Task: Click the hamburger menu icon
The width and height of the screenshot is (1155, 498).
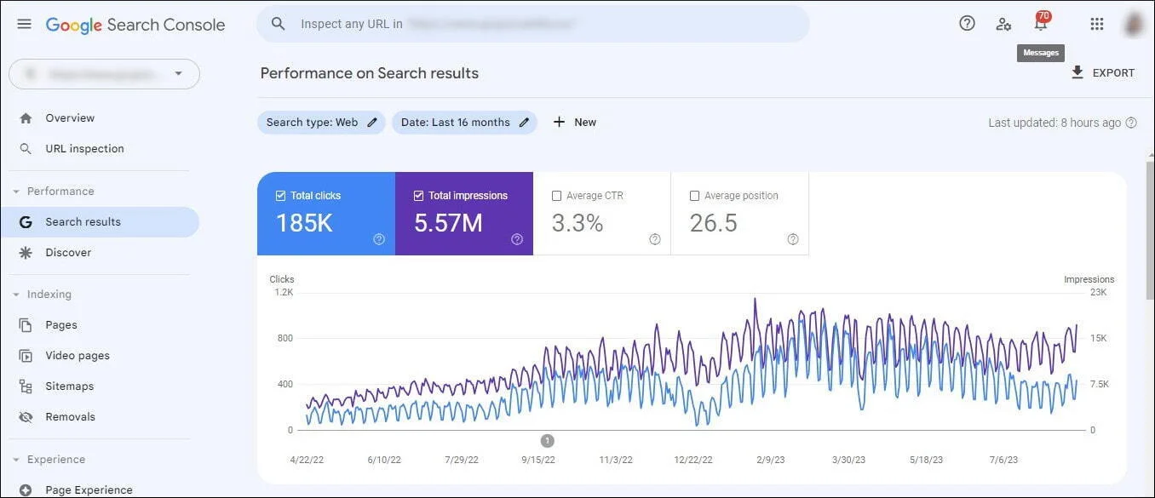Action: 24,24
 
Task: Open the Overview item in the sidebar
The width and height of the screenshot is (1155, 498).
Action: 69,118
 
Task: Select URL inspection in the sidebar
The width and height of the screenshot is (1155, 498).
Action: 84,149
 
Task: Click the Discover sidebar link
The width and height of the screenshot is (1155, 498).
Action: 68,253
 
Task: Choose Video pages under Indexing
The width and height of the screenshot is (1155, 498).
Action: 77,356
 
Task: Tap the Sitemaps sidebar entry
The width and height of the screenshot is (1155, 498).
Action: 69,386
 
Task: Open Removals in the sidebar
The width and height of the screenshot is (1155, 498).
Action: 70,417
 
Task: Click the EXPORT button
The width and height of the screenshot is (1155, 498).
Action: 1102,73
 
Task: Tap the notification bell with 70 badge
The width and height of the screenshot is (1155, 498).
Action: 1040,23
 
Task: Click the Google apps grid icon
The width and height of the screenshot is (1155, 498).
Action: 1097,24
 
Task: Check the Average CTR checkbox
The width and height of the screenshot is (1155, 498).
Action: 557,196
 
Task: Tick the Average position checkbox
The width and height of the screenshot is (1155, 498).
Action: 695,196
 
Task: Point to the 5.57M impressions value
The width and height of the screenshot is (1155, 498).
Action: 448,223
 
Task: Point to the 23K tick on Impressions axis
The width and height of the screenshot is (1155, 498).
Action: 1098,292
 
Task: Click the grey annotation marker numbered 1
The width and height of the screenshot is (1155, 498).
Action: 548,440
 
